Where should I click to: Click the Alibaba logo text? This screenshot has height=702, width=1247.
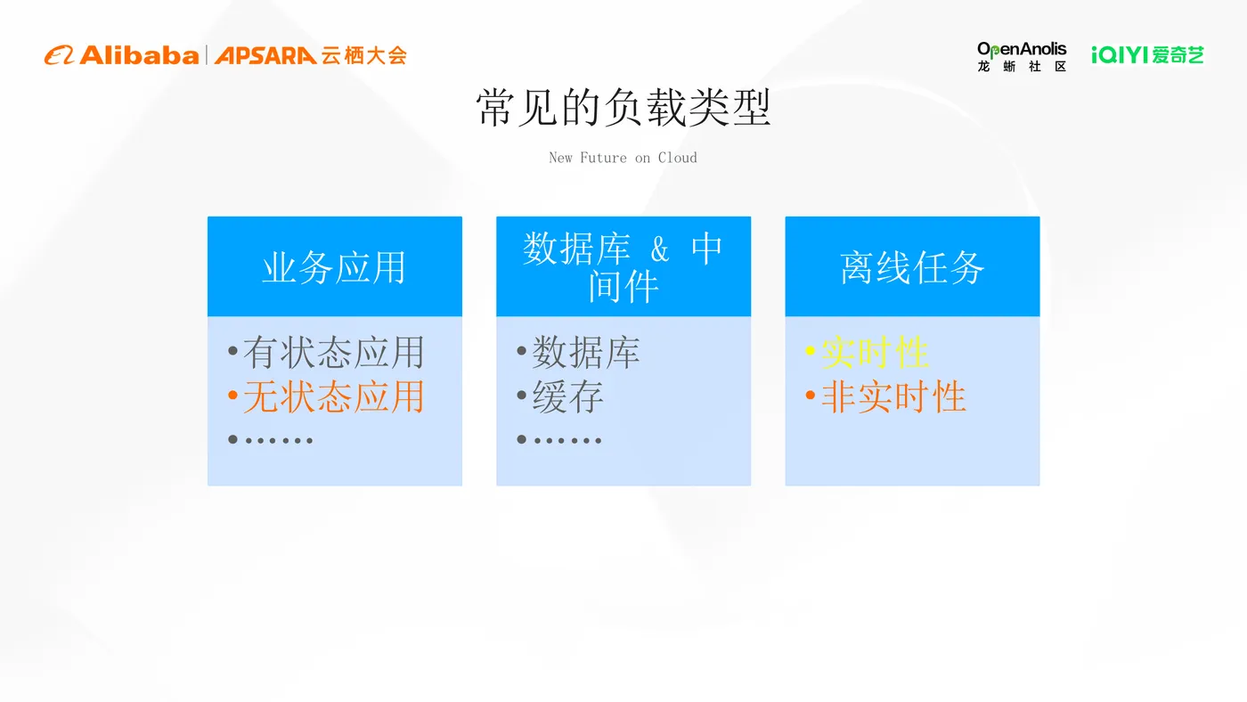138,55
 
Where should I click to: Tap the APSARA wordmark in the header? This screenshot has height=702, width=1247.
265,55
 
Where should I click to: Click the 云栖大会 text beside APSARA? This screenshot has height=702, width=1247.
363,55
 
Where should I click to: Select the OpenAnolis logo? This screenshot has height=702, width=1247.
1022,49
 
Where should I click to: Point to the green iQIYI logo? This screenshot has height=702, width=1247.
1147,55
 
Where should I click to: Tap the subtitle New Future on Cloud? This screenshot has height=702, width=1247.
623,158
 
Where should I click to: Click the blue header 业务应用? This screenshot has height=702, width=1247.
334,267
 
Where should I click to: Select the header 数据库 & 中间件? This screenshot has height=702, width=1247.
623,266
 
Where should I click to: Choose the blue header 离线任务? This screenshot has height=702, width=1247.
912,267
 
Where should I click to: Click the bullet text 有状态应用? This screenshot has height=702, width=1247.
333,353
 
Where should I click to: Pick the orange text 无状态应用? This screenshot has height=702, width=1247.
333,396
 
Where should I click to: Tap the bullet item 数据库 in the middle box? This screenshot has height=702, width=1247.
585,353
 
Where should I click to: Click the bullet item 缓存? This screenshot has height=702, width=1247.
567,396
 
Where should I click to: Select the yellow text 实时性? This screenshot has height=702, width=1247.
875,353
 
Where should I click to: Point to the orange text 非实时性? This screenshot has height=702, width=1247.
893,396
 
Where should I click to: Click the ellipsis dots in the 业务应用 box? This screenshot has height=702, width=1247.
278,440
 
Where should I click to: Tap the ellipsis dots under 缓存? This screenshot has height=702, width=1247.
566,440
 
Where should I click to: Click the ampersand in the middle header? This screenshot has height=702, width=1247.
659,250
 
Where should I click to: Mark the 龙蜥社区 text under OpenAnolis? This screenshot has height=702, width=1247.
1022,67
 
